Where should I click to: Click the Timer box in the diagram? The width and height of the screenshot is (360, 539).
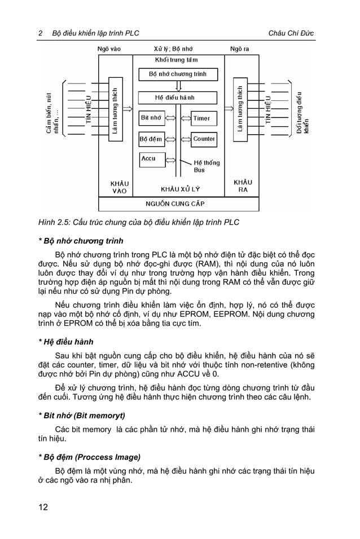202,118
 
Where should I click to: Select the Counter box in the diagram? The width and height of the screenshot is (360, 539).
203,139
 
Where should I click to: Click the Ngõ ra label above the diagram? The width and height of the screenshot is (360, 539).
239,49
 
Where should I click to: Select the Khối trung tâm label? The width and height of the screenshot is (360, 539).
176,60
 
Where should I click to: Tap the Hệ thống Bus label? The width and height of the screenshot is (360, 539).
207,166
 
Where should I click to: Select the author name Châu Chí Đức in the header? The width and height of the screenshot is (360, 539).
291,33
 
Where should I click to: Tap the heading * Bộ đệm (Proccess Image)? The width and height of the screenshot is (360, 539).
89,457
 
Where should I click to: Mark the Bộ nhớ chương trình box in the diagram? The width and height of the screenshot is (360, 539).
178,74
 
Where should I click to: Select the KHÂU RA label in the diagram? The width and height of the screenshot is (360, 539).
243,186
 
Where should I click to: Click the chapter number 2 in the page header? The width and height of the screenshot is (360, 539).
40,33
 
